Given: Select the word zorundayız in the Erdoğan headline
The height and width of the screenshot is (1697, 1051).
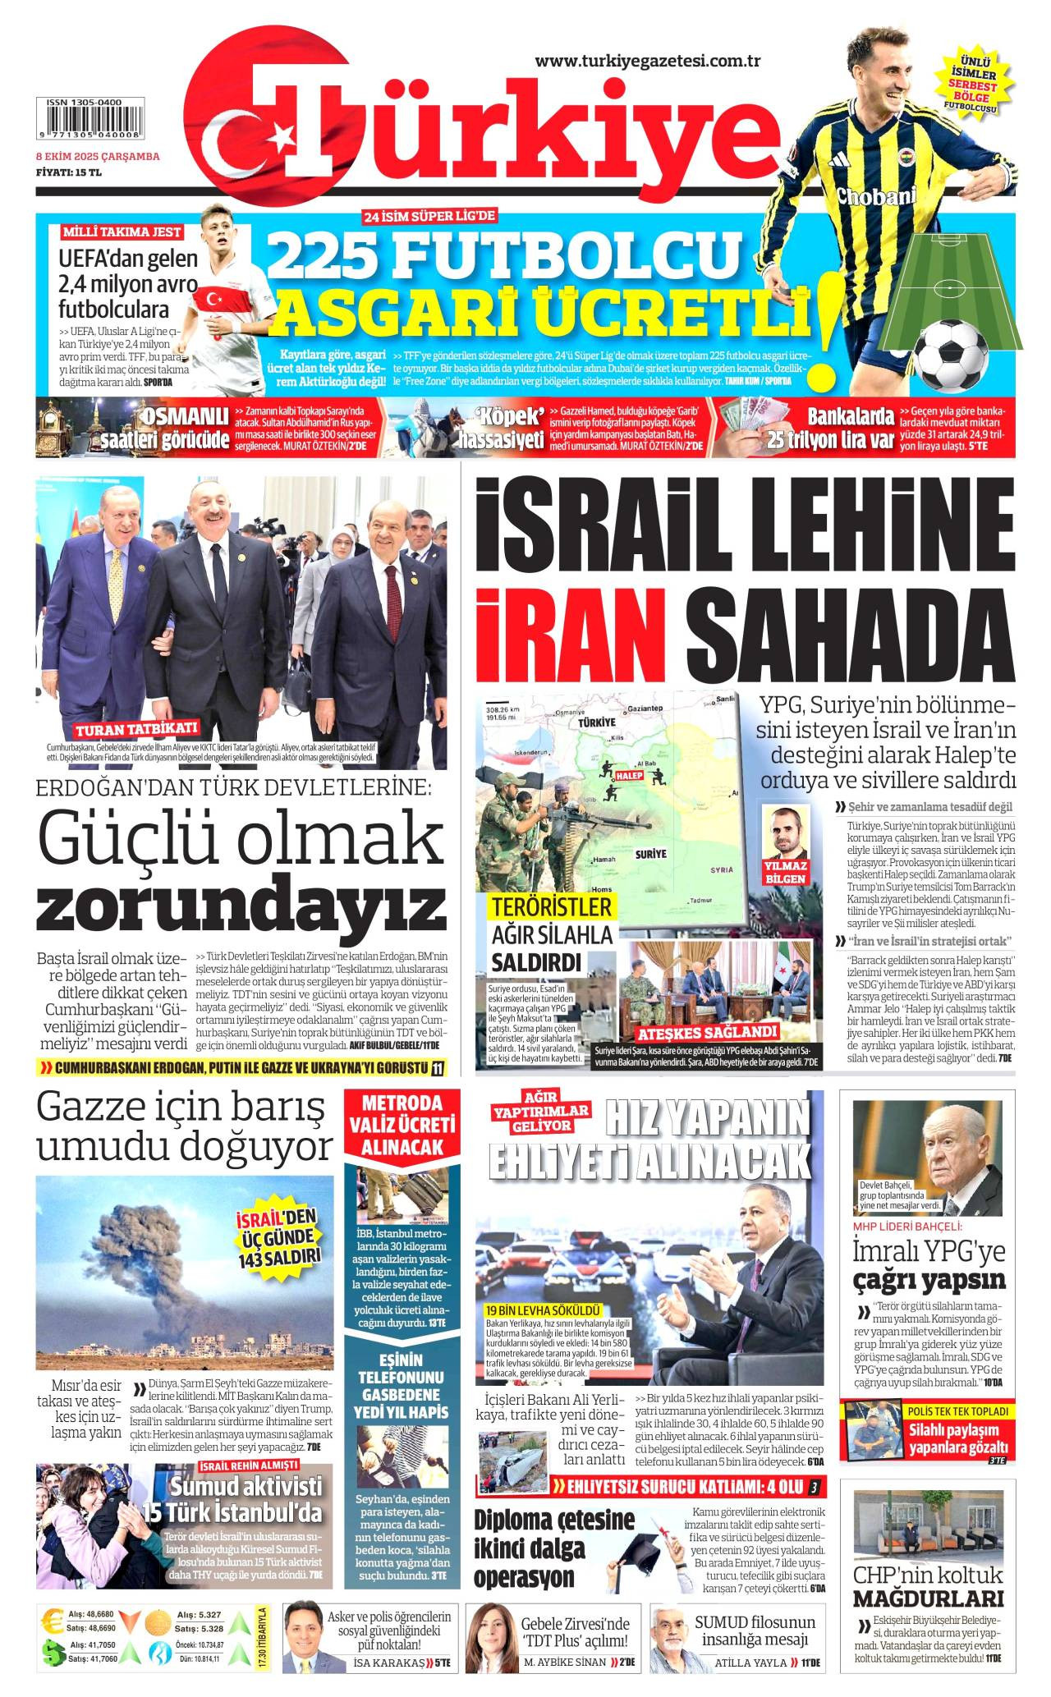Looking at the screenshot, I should click(x=241, y=906).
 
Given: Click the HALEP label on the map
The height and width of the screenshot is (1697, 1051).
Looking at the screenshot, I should click(x=628, y=775).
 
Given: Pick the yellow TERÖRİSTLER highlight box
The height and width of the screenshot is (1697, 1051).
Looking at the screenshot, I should click(x=552, y=907).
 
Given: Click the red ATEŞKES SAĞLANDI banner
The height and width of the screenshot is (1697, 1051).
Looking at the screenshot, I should click(x=707, y=1032).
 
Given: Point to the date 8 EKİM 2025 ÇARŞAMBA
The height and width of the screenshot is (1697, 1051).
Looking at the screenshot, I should click(x=97, y=157).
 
